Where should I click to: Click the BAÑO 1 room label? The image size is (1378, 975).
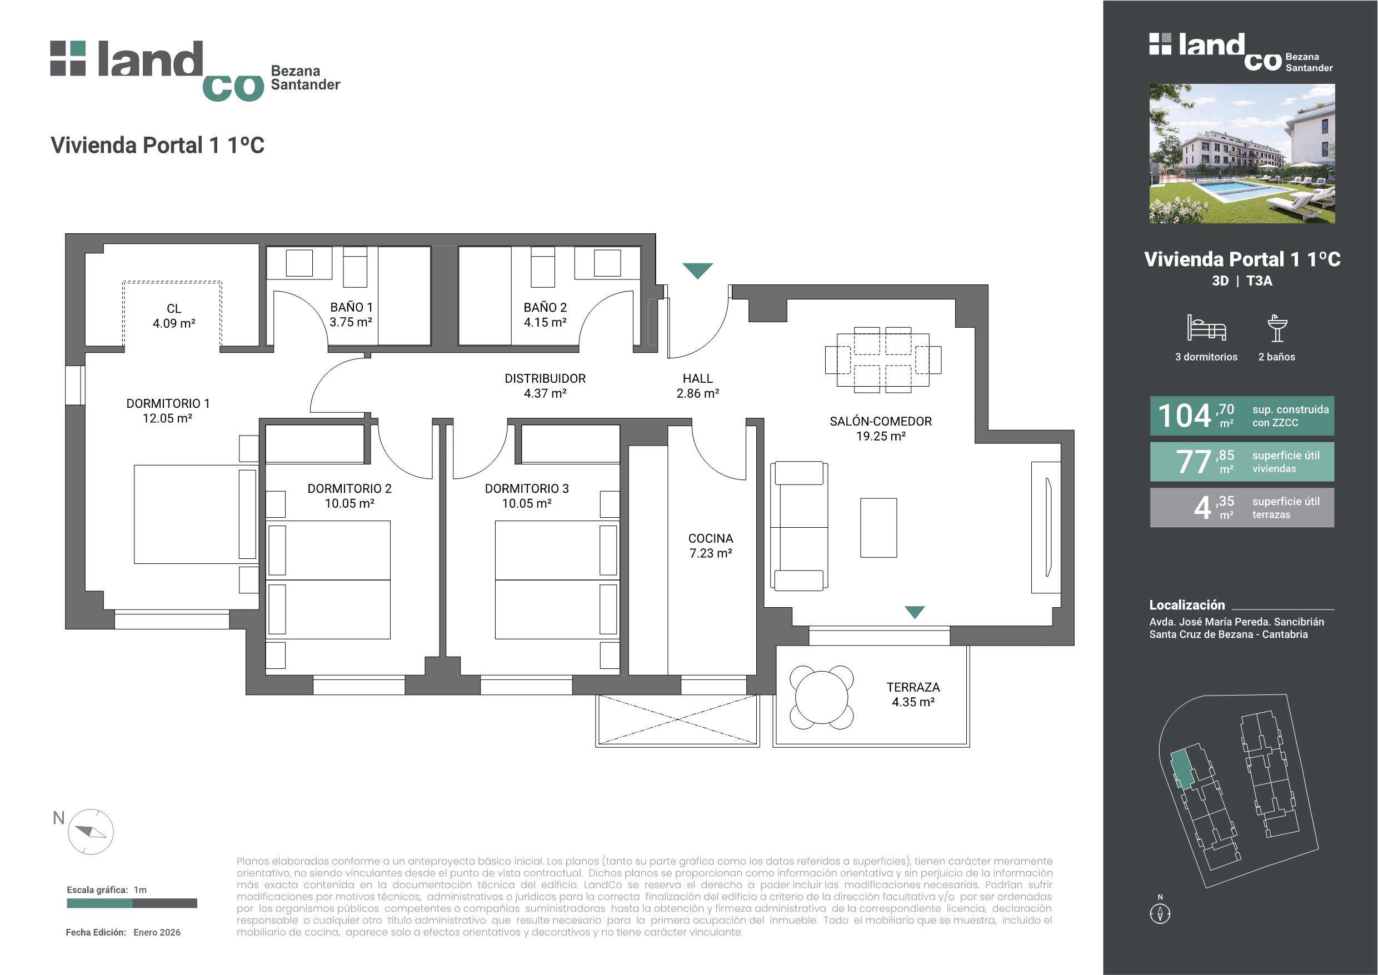(x=351, y=314)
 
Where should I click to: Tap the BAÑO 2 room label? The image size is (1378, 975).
(x=545, y=314)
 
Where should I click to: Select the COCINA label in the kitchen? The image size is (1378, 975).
(x=710, y=538)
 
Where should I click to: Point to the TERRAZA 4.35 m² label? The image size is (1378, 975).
(x=913, y=694)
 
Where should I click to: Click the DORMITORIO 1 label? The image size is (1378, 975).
(x=168, y=403)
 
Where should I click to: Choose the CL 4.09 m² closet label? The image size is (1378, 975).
(x=174, y=316)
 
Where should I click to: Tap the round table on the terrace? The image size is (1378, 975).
(x=822, y=697)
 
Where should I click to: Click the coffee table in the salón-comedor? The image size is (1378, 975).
(x=878, y=528)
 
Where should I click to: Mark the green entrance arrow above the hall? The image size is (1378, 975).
(x=698, y=271)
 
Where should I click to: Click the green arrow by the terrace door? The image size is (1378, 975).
(x=915, y=612)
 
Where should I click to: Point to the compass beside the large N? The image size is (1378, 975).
(x=91, y=832)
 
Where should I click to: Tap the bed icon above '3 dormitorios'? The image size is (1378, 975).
(x=1206, y=328)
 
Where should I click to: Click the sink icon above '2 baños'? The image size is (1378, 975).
(x=1277, y=328)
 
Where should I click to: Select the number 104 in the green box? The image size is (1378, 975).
(x=1185, y=416)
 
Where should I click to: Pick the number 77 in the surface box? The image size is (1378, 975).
(x=1194, y=462)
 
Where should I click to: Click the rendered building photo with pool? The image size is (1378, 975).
(x=1242, y=154)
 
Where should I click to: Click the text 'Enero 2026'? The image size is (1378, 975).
(x=157, y=932)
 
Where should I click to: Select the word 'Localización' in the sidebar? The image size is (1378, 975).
(x=1187, y=605)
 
